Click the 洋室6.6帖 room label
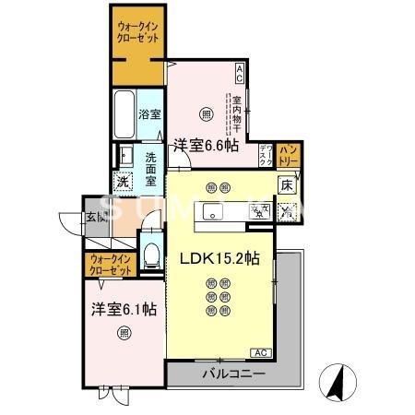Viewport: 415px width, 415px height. click(x=205, y=144)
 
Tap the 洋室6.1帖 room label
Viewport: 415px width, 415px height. click(x=123, y=310)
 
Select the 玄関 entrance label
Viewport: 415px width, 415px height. click(x=95, y=218)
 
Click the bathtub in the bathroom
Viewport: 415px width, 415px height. click(x=125, y=114)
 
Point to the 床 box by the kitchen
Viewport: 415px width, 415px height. click(x=288, y=184)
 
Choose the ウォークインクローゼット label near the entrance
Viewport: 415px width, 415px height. click(x=111, y=267)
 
